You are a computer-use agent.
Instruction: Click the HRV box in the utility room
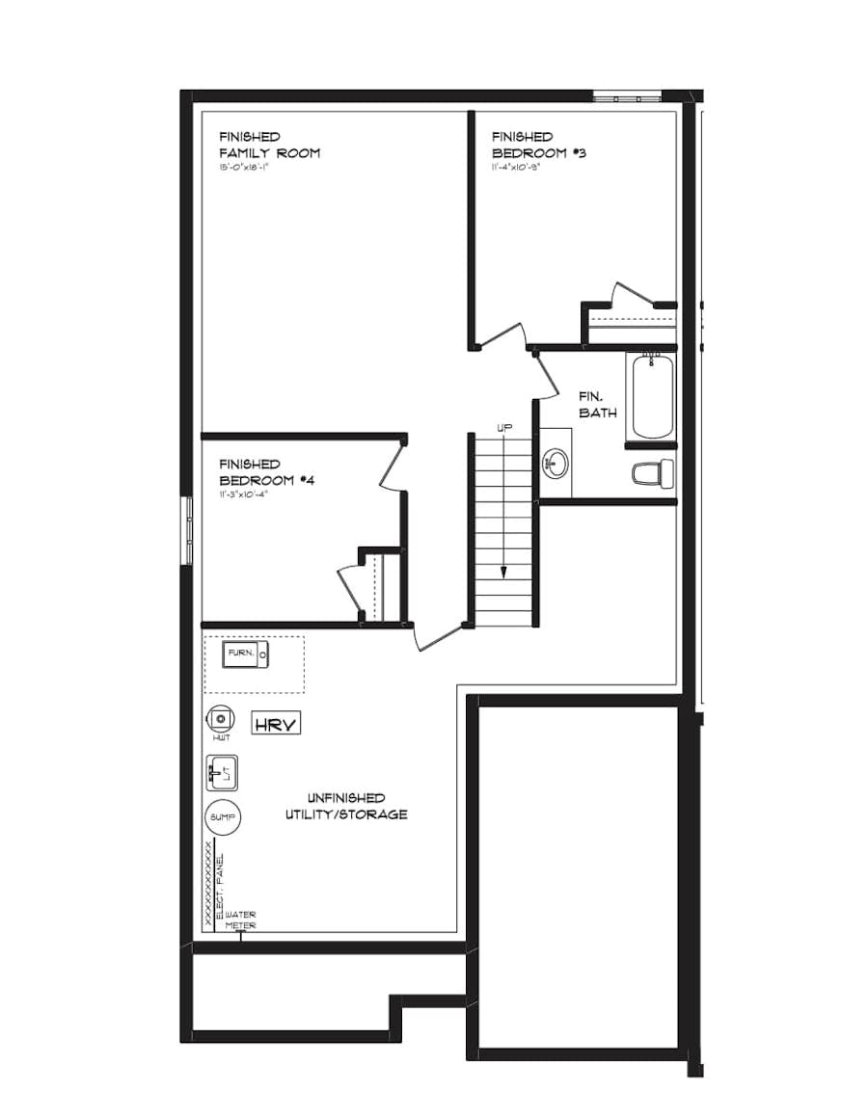click(276, 723)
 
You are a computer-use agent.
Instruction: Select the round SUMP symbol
click(224, 817)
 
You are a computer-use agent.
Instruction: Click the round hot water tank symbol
click(221, 718)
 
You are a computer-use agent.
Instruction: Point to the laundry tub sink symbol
click(222, 772)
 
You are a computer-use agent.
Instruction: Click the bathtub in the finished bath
click(652, 396)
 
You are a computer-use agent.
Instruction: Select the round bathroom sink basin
click(555, 464)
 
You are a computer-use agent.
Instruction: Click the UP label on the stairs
click(504, 427)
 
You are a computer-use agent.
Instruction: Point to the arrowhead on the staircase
click(504, 573)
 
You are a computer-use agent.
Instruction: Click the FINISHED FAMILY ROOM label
click(269, 145)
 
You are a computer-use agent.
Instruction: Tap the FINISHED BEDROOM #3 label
click(538, 145)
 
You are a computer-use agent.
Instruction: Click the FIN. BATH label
click(598, 404)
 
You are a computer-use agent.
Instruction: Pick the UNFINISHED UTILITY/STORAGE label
click(345, 806)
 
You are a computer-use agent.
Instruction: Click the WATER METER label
click(241, 920)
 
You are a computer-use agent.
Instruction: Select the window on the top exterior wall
click(626, 96)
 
